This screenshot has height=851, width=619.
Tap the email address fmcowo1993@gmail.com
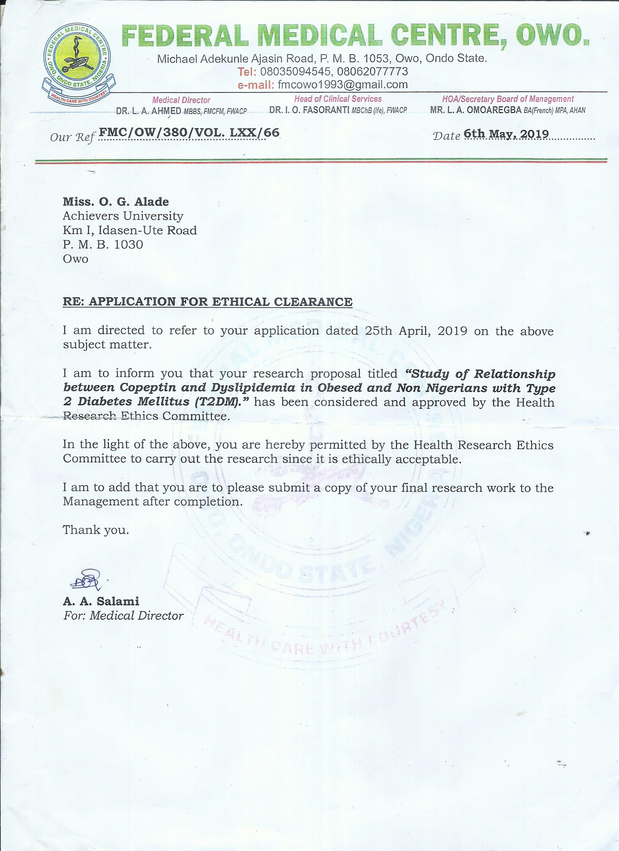click(x=342, y=84)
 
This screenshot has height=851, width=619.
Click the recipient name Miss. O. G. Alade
click(x=116, y=202)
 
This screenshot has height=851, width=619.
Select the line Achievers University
click(x=123, y=216)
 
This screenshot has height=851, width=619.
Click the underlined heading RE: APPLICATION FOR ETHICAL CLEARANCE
click(x=208, y=302)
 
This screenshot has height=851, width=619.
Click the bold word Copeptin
click(x=154, y=388)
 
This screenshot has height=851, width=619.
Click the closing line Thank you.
click(x=96, y=530)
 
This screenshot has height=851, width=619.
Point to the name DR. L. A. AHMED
click(x=149, y=111)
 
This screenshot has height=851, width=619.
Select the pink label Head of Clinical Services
click(x=338, y=99)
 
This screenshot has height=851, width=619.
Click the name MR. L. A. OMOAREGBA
click(x=476, y=110)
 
